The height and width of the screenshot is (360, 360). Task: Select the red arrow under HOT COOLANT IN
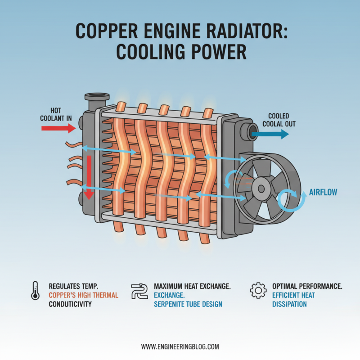(x=58, y=128)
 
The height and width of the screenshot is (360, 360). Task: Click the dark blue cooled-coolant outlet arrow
(x=270, y=134)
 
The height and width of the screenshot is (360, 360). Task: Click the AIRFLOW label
(x=323, y=192)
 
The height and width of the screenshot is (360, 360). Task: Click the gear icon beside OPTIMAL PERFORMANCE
(x=258, y=291)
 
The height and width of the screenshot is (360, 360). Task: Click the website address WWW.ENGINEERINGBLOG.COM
(x=180, y=346)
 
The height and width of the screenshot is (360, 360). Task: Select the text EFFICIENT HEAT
(x=293, y=295)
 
